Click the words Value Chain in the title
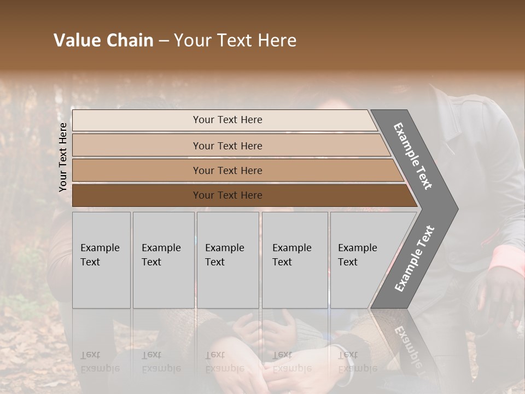103,40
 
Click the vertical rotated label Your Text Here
63,157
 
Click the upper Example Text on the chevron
413,156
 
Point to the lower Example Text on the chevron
414,259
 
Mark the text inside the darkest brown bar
227,195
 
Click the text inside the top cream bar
227,120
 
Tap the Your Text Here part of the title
235,40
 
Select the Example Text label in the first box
100,255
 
